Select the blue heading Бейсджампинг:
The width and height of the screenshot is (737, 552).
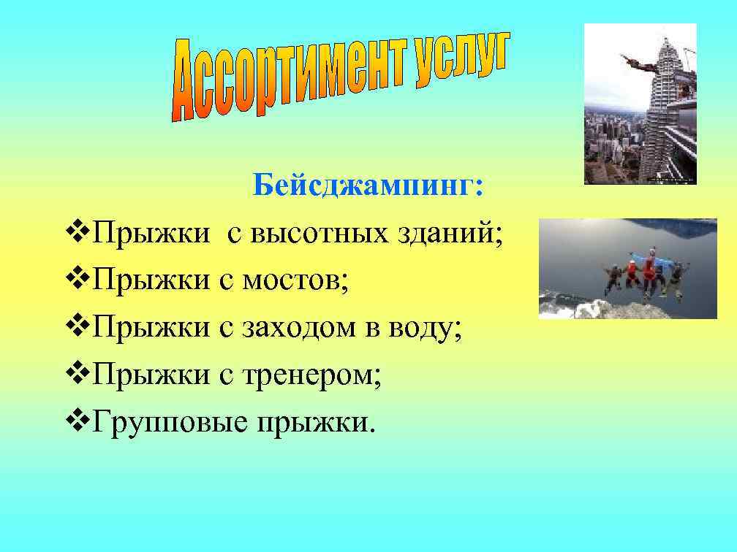(x=368, y=186)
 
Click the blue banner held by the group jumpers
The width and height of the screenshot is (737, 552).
(x=643, y=256)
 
